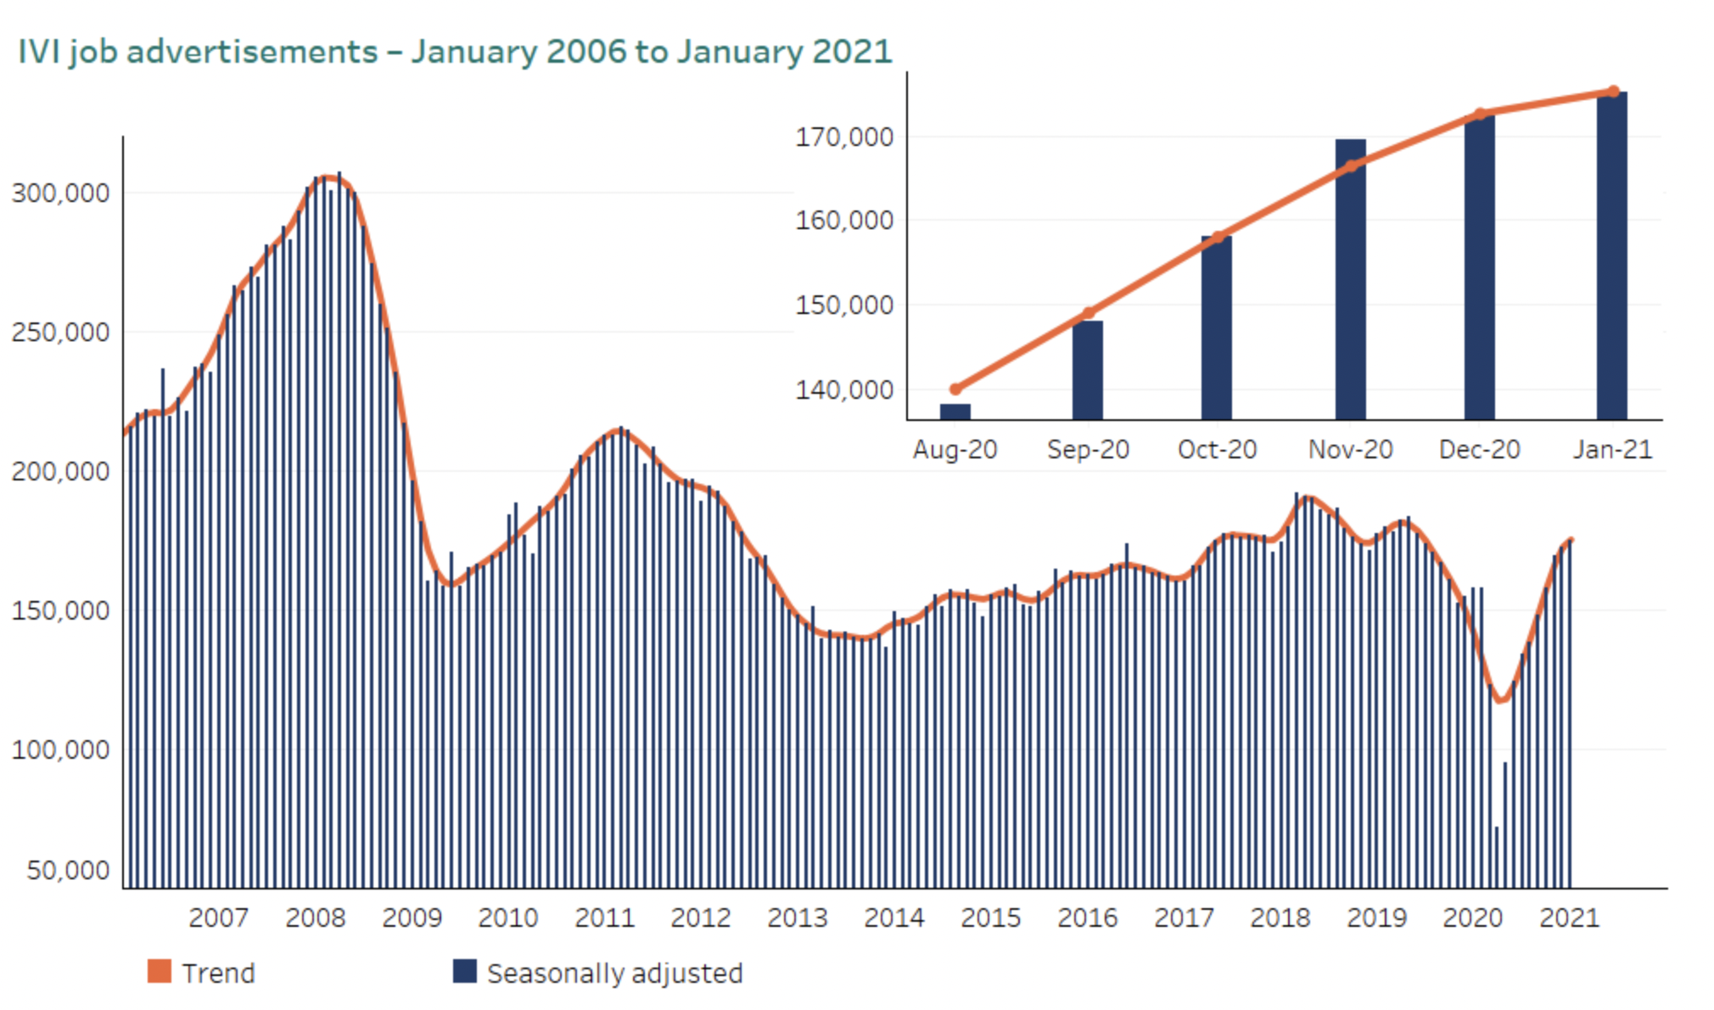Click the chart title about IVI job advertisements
point(455,52)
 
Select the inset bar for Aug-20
point(955,412)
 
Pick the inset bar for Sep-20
point(1088,370)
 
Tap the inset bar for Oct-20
point(1217,328)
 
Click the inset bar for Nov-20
point(1351,279)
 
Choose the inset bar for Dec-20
point(1480,267)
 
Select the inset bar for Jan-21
point(1612,255)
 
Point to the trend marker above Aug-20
point(955,390)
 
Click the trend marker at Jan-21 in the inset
point(1614,92)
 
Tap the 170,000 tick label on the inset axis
point(844,137)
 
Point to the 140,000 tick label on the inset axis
point(844,390)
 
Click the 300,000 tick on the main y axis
point(60,193)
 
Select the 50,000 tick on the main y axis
point(68,870)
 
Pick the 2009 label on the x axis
point(412,917)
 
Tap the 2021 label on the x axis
point(1569,917)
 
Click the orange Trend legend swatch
point(160,971)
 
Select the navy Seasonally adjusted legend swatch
point(465,971)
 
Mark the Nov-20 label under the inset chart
point(1351,449)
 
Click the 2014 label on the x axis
point(893,917)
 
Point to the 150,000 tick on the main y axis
point(60,610)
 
